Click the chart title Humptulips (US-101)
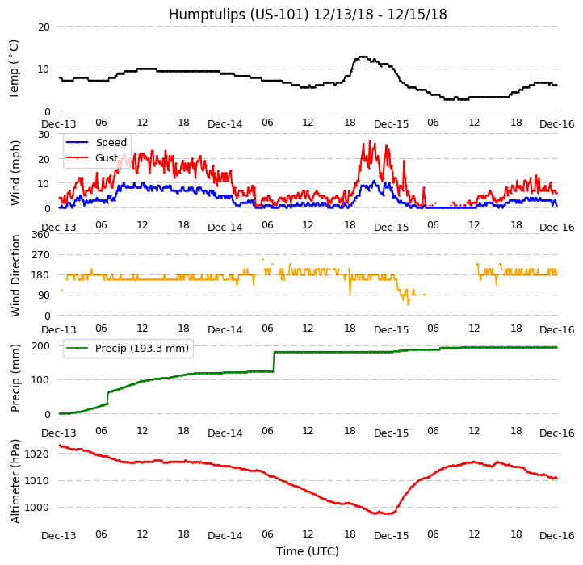(x=308, y=15)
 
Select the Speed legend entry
(x=111, y=143)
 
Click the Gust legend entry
(x=107, y=157)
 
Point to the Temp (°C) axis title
(x=15, y=69)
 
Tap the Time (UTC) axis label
(x=308, y=552)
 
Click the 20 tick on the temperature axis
(x=44, y=27)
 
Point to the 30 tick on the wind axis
(x=44, y=134)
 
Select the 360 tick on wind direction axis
(x=40, y=235)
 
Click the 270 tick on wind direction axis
(x=40, y=255)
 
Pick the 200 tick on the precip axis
(x=40, y=345)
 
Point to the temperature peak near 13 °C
(x=363, y=56)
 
